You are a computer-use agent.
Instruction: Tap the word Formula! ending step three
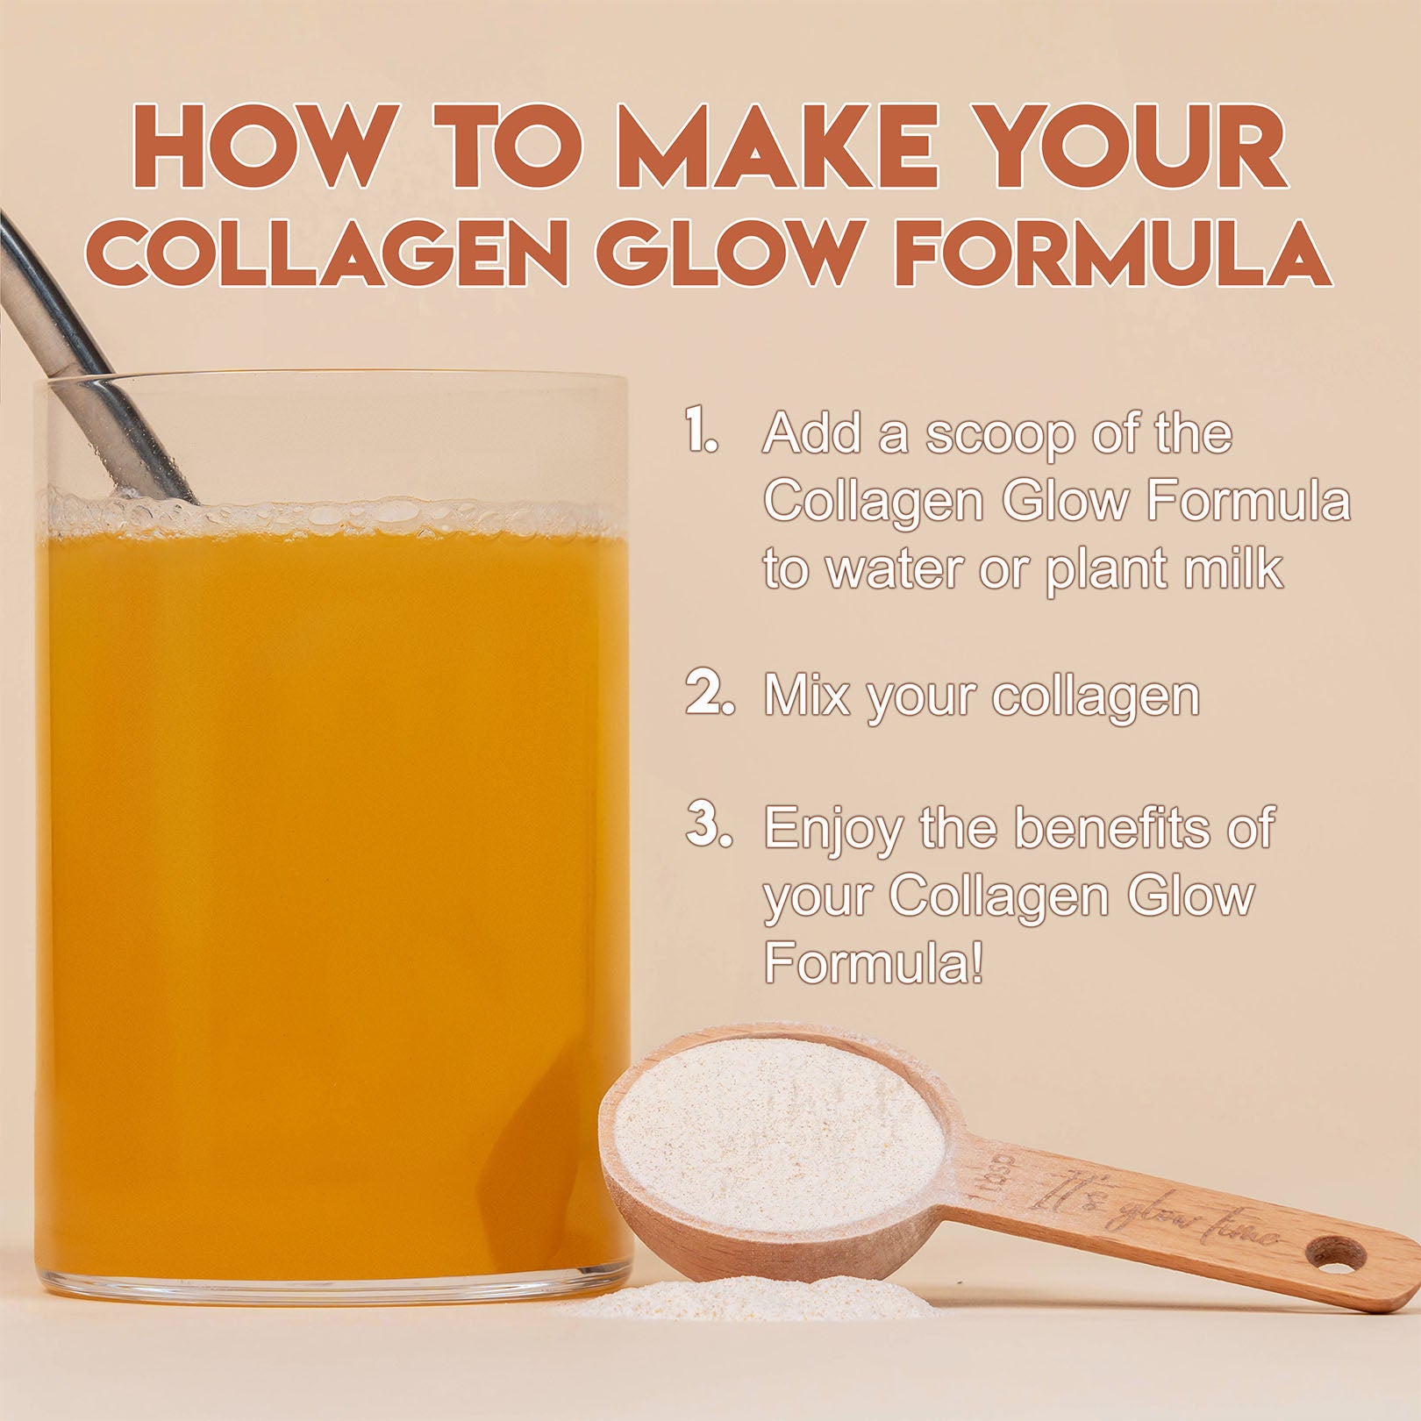tap(873, 963)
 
